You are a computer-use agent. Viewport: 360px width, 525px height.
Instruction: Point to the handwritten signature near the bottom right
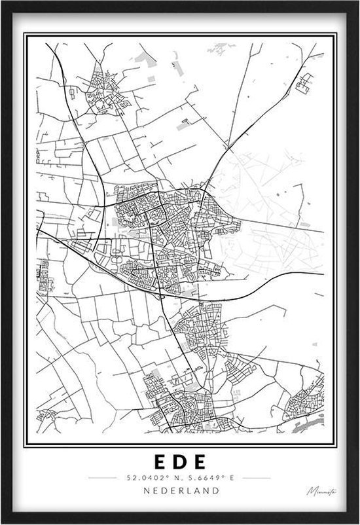pos(318,491)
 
